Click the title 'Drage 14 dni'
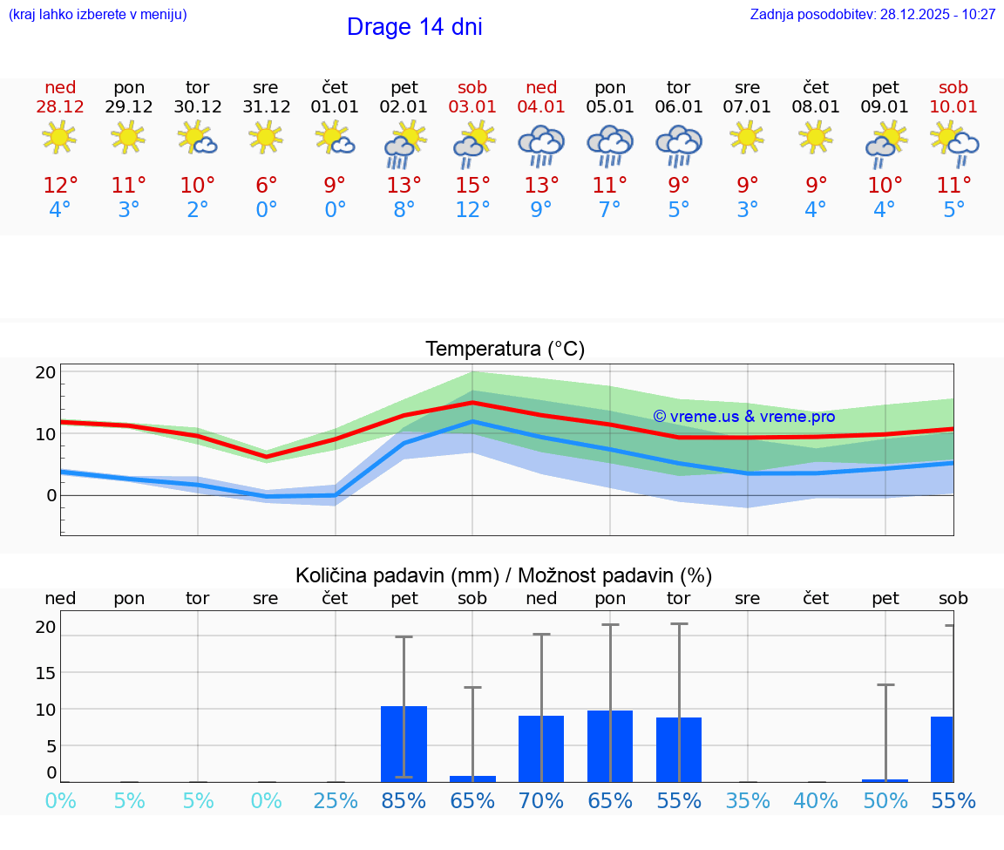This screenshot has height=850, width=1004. [x=414, y=27]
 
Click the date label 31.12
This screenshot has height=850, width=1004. [x=266, y=107]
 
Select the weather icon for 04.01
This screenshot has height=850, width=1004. [x=541, y=145]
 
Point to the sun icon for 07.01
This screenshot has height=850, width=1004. [x=747, y=137]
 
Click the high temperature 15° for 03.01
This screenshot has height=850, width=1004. [x=472, y=186]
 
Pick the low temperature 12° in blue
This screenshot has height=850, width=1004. [x=472, y=210]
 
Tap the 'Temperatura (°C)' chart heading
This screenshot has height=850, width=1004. [x=505, y=350]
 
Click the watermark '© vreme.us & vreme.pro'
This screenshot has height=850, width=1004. [x=743, y=417]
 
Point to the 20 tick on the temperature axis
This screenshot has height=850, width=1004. [x=45, y=372]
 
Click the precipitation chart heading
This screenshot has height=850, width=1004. [x=504, y=575]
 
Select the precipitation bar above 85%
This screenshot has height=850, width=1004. [x=404, y=744]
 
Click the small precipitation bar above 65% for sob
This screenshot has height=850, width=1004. [x=472, y=779]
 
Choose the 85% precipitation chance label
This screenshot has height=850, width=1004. [x=404, y=801]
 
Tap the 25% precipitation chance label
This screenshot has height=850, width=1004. [x=336, y=801]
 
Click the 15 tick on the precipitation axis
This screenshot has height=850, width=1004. [x=45, y=672]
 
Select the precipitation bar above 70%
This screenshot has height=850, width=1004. [x=541, y=748]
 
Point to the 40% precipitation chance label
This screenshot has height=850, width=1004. [x=816, y=801]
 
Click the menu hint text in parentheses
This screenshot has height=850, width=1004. [x=98, y=15]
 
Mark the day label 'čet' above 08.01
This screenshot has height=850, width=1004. [x=816, y=87]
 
